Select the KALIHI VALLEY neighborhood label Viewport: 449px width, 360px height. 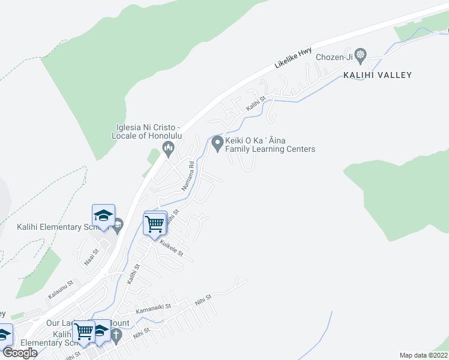click(x=378, y=75)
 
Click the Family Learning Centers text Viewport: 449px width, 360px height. click(x=270, y=149)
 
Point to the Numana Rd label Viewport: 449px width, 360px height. click(x=188, y=176)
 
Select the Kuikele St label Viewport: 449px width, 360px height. click(x=171, y=250)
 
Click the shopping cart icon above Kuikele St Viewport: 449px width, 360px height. click(x=155, y=224)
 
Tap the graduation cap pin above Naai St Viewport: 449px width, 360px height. click(x=103, y=215)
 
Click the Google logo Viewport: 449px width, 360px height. click(x=20, y=353)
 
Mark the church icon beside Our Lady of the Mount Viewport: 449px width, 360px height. click(x=116, y=334)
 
